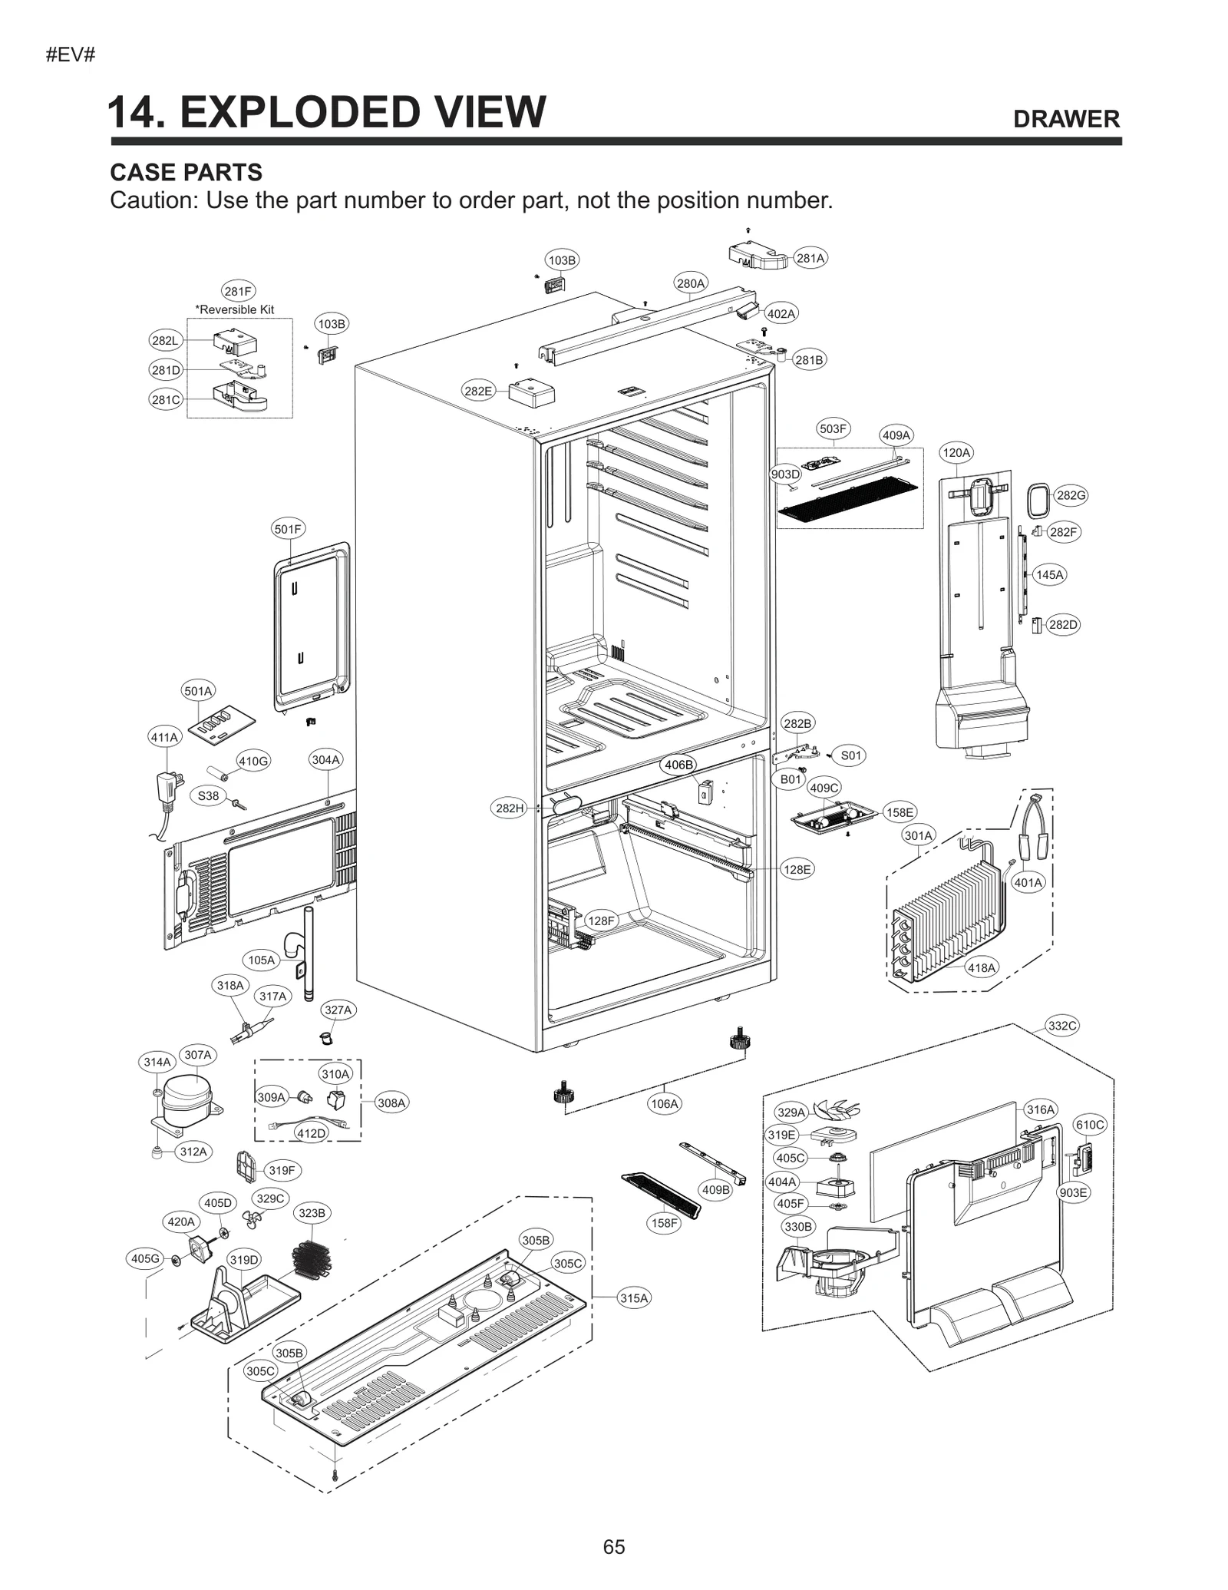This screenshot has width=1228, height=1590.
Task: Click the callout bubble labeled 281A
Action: click(810, 258)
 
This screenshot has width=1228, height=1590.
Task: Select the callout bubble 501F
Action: click(289, 529)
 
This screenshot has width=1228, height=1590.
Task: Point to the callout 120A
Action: click(956, 452)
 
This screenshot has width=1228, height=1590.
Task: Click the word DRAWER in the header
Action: click(1066, 119)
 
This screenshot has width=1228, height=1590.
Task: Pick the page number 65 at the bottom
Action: click(614, 1546)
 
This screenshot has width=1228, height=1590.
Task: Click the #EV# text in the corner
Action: click(70, 55)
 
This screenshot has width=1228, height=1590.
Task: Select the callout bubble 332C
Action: click(1062, 1026)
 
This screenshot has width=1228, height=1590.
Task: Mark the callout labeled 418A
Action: click(981, 967)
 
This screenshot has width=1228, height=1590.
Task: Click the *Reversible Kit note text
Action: click(235, 309)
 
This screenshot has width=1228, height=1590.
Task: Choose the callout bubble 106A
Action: click(664, 1103)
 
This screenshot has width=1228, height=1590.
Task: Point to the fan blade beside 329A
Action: click(837, 1109)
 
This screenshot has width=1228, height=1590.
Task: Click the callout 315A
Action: click(634, 1297)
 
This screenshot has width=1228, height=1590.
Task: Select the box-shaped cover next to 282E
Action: click(532, 393)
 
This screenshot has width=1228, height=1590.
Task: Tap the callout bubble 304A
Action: click(325, 759)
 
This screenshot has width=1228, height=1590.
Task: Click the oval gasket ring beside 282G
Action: click(1038, 501)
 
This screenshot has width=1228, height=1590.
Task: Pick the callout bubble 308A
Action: click(391, 1102)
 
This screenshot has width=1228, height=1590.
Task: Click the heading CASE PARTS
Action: click(187, 172)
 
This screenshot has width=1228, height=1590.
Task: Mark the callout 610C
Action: click(1090, 1125)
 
